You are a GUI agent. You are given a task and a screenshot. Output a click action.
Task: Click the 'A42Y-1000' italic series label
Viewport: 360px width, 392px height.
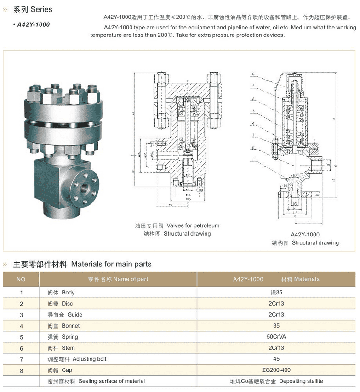[x=33, y=24]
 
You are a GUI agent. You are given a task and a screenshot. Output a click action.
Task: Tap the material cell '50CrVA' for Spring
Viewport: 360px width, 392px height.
[x=276, y=337]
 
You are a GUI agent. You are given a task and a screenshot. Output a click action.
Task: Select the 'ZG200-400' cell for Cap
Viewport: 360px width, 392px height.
[x=276, y=370]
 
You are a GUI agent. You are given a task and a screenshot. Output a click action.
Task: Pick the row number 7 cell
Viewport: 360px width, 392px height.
[x=21, y=359]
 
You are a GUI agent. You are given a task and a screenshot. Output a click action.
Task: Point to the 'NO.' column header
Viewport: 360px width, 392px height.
[x=21, y=279]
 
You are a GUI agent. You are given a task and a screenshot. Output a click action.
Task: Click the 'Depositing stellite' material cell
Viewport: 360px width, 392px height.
[x=276, y=381]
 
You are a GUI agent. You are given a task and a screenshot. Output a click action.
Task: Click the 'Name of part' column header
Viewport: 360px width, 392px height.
[x=118, y=279]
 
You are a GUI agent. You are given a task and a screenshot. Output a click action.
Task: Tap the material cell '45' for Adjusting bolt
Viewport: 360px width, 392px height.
[x=276, y=359]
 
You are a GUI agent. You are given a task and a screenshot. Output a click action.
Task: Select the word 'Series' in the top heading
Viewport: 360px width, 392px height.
[x=41, y=9]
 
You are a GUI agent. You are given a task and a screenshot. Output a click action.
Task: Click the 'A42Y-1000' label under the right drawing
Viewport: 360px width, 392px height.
[x=305, y=234]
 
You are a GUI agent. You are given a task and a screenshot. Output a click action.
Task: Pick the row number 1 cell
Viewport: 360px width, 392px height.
[x=21, y=293]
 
